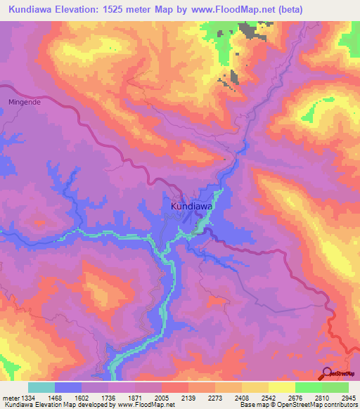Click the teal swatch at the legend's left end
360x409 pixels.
pos(41,387)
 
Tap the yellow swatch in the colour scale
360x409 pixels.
pos(281,387)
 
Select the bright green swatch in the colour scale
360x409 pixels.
pos(308,387)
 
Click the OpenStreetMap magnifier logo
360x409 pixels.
pos(327,373)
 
